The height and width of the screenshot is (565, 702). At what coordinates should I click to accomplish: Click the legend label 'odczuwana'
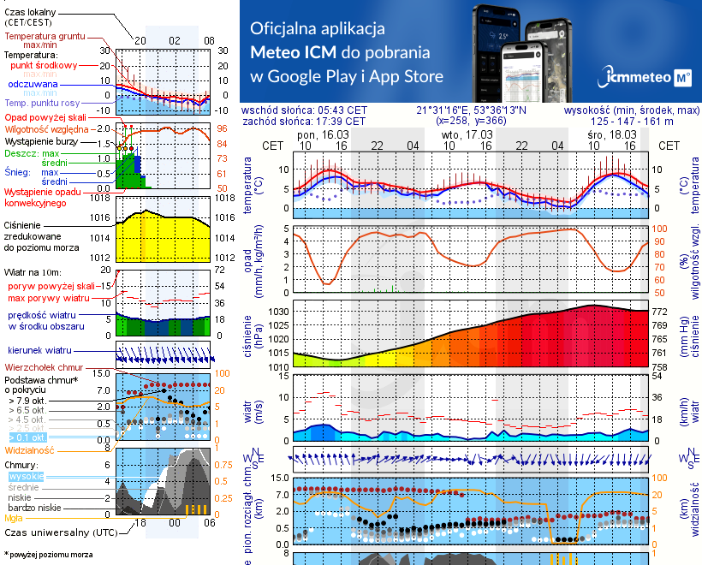click(x=33, y=85)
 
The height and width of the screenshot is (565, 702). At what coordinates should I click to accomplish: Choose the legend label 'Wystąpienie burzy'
click(x=39, y=140)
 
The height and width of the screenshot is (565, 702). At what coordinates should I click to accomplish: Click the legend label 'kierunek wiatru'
click(x=39, y=351)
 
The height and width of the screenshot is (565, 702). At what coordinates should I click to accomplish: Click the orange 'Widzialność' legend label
click(x=30, y=449)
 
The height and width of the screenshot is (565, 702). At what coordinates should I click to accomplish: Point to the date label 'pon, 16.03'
click(x=323, y=134)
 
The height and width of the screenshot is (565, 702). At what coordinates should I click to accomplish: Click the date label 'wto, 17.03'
click(x=467, y=134)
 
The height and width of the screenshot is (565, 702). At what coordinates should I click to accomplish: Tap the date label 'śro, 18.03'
click(x=611, y=134)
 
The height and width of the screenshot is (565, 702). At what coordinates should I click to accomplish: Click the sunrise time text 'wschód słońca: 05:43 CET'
click(x=305, y=110)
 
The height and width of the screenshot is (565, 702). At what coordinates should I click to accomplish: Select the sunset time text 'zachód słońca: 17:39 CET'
click(x=305, y=121)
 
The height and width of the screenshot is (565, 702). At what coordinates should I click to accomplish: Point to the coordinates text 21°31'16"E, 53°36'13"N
click(x=472, y=110)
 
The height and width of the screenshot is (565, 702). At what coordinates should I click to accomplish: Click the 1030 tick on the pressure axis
click(x=278, y=312)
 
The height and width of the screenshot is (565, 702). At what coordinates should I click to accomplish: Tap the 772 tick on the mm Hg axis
click(x=659, y=312)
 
